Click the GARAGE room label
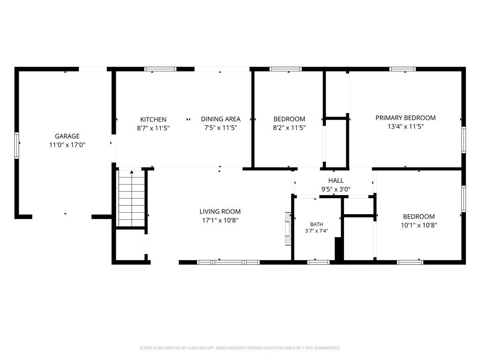click(x=67, y=136)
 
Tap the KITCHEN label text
click(x=153, y=120)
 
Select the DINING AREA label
click(x=221, y=119)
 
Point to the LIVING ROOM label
click(x=220, y=211)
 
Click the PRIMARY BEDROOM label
click(x=405, y=118)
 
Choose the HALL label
click(x=336, y=180)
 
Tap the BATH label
click(x=316, y=225)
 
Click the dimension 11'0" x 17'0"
click(x=67, y=144)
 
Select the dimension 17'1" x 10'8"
click(x=220, y=220)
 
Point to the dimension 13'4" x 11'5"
click(x=405, y=126)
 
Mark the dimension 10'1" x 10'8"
click(x=419, y=225)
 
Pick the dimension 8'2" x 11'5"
click(x=289, y=127)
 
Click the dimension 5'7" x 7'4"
click(x=316, y=231)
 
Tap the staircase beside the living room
click(x=132, y=198)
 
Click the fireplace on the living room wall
click(x=288, y=229)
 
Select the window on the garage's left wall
click(x=17, y=145)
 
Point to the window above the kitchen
click(x=160, y=69)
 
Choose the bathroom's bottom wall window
click(x=318, y=262)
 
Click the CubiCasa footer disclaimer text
click(x=240, y=348)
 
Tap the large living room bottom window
click(x=228, y=262)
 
